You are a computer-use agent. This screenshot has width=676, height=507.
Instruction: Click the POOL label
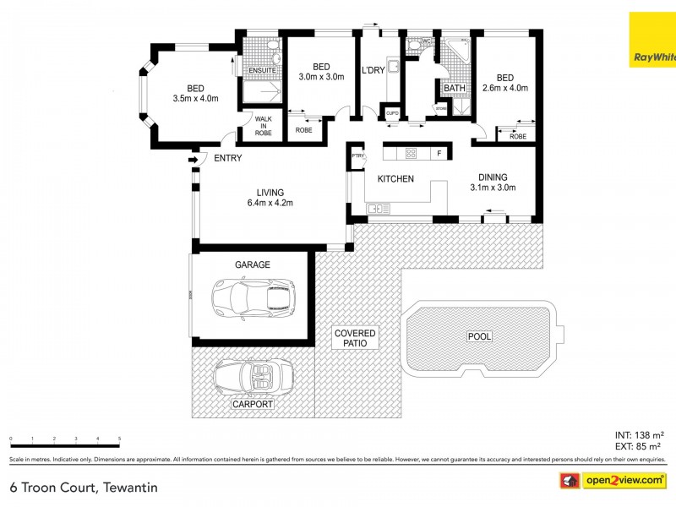pyautogui.click(x=479, y=336)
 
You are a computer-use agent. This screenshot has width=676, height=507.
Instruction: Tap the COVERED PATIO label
pyautogui.click(x=354, y=339)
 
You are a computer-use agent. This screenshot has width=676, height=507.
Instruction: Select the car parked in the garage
pyautogui.click(x=252, y=297)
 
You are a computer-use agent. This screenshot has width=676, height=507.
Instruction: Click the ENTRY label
pyautogui.click(x=227, y=158)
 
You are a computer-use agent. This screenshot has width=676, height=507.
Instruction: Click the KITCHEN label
pyautogui.click(x=395, y=178)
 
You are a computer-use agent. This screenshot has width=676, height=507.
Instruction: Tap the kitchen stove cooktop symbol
pyautogui.click(x=411, y=153)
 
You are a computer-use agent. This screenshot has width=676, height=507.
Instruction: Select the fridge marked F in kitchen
pyautogui.click(x=439, y=153)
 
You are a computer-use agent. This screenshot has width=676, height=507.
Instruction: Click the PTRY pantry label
pyautogui.click(x=357, y=155)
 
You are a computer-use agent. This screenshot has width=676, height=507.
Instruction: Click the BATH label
pyautogui.click(x=455, y=88)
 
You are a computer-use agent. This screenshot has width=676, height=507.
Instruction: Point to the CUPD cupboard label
pyautogui.click(x=392, y=112)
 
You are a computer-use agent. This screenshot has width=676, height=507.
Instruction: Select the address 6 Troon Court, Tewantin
pyautogui.click(x=83, y=487)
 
